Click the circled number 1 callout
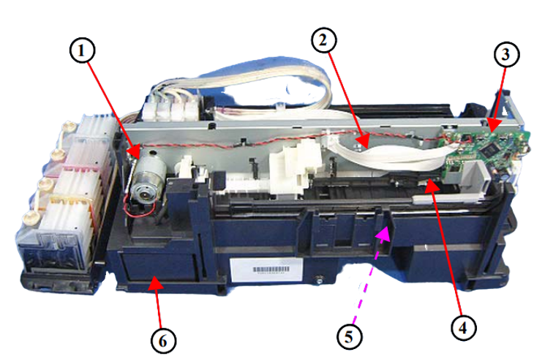[x=82, y=50]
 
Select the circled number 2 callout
[x=324, y=40]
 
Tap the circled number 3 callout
[x=507, y=54]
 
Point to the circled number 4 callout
[x=463, y=328]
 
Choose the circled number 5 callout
[x=350, y=337]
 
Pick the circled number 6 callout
[x=163, y=341]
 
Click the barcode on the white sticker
[x=271, y=269]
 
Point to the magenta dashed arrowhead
[x=383, y=235]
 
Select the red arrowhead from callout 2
[x=363, y=140]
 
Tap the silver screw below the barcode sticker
[x=319, y=281]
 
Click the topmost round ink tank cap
[x=69, y=127]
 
